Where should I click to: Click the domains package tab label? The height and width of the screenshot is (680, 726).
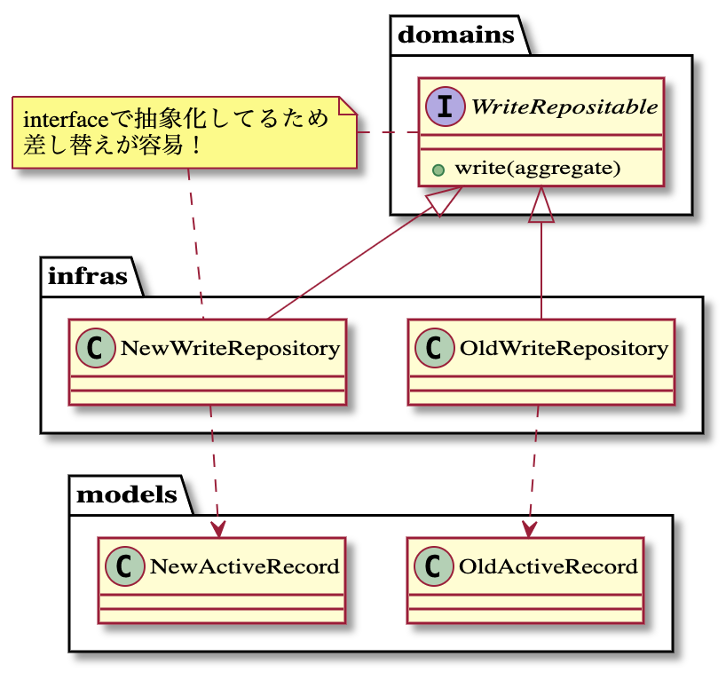tap(456, 36)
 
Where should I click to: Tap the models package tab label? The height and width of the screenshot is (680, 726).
tap(127, 494)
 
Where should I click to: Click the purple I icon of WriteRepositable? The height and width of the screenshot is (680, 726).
tap(442, 107)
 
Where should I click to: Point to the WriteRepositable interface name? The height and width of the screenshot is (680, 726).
tap(564, 107)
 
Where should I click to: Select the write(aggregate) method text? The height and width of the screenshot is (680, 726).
tap(538, 168)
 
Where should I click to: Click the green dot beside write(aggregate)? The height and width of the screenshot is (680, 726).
tap(438, 168)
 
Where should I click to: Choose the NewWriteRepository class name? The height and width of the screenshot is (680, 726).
tap(230, 348)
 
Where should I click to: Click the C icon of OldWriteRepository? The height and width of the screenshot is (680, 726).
tap(432, 348)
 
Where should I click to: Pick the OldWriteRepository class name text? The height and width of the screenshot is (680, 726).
tap(564, 348)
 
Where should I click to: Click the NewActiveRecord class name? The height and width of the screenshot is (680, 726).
tap(245, 565)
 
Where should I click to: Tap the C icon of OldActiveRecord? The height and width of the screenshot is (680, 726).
tap(432, 565)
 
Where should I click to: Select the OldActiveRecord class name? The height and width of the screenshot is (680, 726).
tap(548, 565)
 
